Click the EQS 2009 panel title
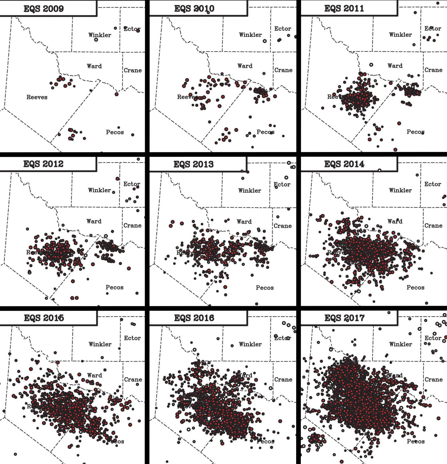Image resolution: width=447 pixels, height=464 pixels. click(x=44, y=8)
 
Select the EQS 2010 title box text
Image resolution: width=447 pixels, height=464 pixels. click(x=194, y=8)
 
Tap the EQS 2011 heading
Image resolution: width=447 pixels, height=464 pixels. click(x=344, y=8)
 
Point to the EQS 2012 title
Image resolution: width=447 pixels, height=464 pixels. click(x=43, y=164)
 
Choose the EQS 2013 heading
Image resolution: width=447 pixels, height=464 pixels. click(x=193, y=164)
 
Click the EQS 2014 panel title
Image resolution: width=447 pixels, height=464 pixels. click(x=344, y=164)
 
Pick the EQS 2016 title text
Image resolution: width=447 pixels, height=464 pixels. click(x=194, y=318)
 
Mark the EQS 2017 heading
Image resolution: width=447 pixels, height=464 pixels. click(x=344, y=318)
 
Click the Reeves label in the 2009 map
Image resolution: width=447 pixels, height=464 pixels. click(x=37, y=97)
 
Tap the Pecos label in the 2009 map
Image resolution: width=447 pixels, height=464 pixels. click(x=115, y=132)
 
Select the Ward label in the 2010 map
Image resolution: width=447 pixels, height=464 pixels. click(x=245, y=66)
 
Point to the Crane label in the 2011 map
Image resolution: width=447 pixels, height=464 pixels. click(x=433, y=70)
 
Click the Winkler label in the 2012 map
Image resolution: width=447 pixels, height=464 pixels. click(x=99, y=190)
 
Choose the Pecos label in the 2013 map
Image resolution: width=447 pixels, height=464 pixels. click(x=265, y=288)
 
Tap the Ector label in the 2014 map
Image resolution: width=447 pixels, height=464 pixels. click(x=433, y=184)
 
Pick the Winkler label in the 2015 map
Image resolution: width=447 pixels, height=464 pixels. click(x=100, y=344)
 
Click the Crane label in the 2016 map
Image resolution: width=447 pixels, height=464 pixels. click(x=283, y=379)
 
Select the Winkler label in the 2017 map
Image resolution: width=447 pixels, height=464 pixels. click(x=400, y=344)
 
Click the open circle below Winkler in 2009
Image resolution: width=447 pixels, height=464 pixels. click(x=96, y=40)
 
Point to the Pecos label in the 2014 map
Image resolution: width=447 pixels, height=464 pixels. click(x=415, y=288)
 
